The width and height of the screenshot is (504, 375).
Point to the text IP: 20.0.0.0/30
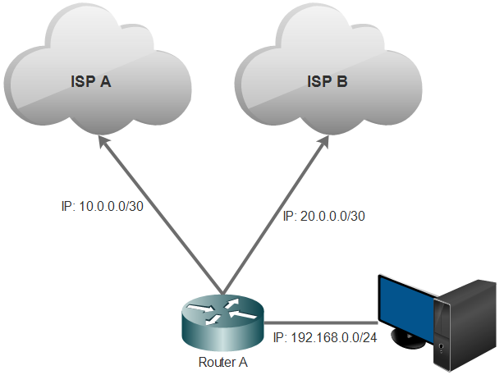click(x=323, y=216)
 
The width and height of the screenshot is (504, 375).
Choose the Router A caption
click(x=222, y=362)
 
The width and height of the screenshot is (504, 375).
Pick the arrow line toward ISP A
click(x=160, y=217)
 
